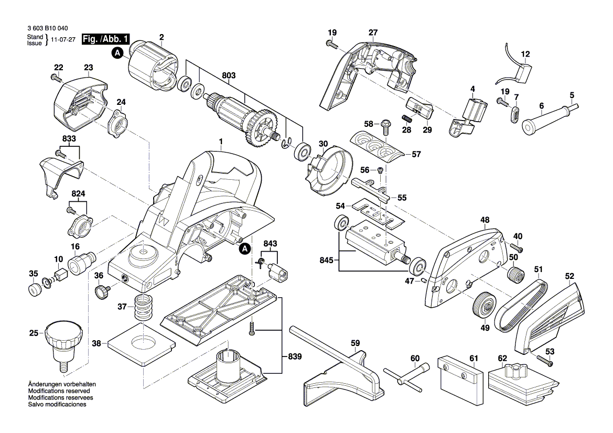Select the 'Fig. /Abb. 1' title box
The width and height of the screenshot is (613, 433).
106,40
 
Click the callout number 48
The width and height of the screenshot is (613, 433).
485,221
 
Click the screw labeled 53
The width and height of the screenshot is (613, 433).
545,361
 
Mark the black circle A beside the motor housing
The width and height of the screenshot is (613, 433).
119,52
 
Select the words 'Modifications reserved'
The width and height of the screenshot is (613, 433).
59,391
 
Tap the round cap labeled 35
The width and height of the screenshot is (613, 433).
35,289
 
